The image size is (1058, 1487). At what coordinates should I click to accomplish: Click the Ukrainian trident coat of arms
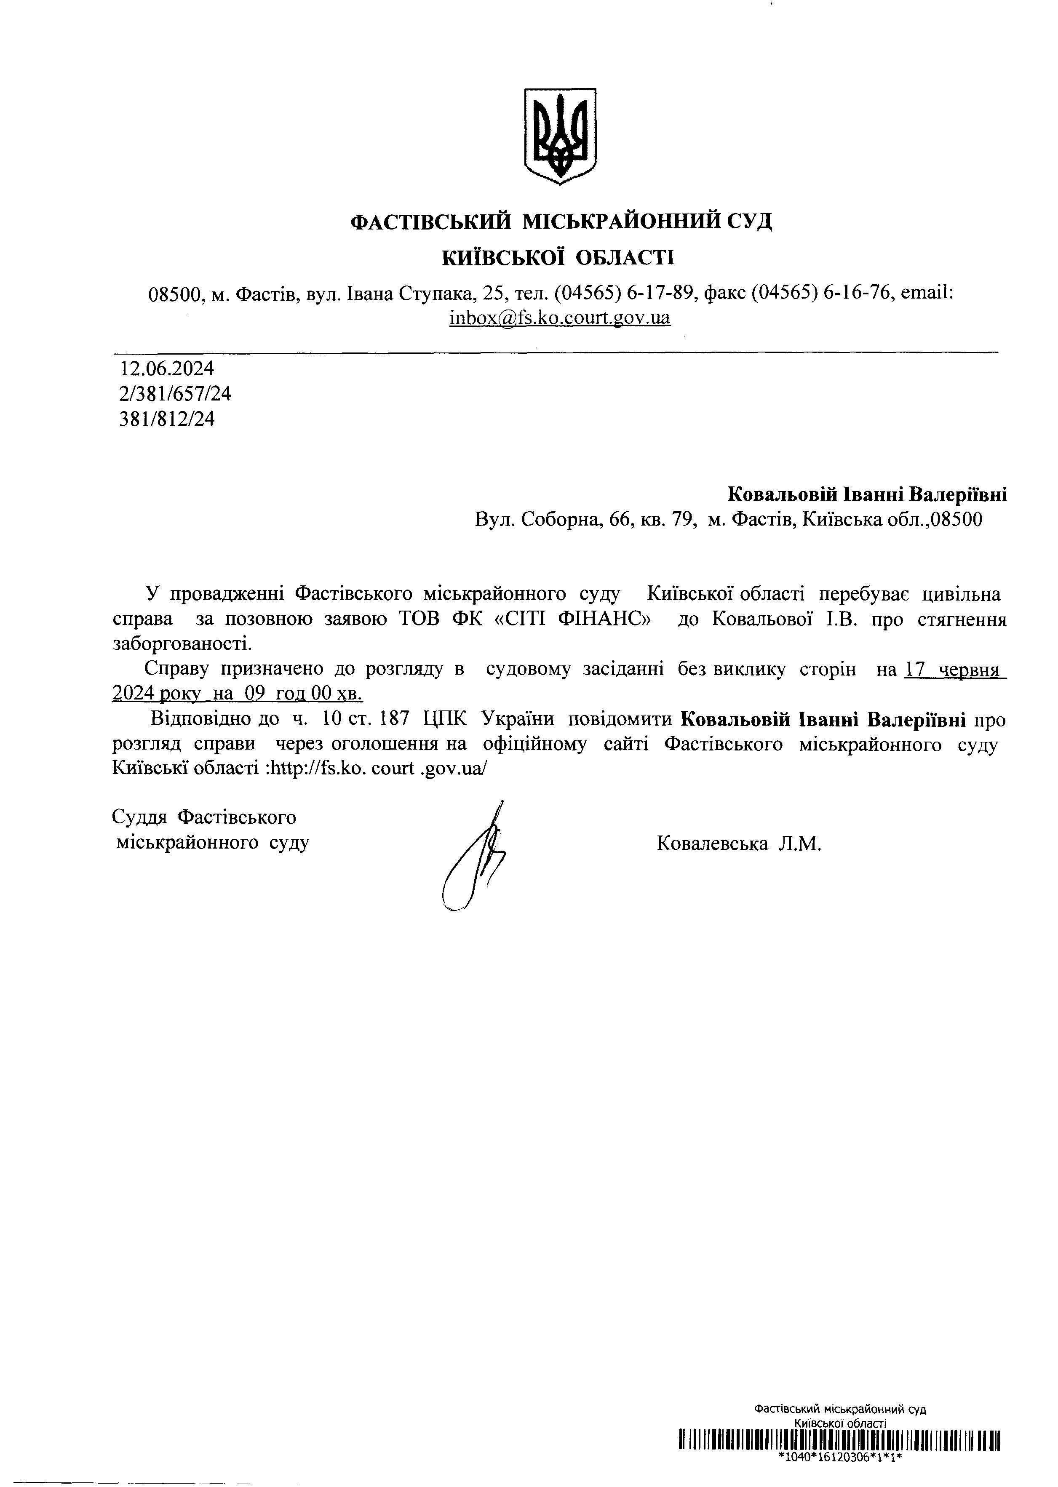coord(560,136)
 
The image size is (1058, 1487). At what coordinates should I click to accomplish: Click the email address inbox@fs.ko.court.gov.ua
coord(560,318)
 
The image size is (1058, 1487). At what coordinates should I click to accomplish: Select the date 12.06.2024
coord(167,368)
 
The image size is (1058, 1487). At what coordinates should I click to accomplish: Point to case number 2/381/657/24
coord(175,394)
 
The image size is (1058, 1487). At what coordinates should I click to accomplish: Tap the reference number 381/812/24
coord(167,419)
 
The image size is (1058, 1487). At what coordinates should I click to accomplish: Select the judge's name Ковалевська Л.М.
coord(739,844)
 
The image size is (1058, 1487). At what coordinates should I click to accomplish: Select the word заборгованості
coord(182,644)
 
